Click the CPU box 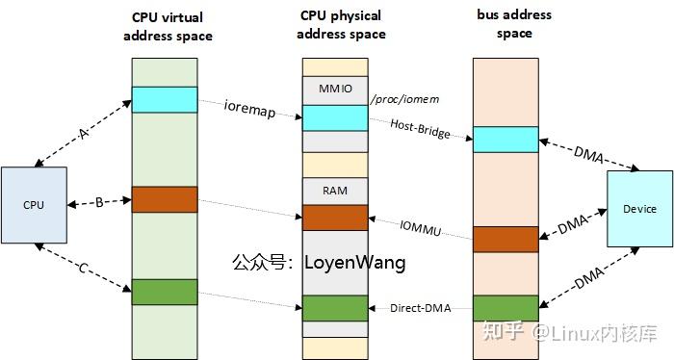pyautogui.click(x=34, y=204)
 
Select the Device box pyautogui.click(x=639, y=209)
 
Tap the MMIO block pyautogui.click(x=335, y=90)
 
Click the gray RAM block pyautogui.click(x=335, y=191)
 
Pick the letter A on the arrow pyautogui.click(x=83, y=135)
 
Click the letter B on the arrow pyautogui.click(x=98, y=202)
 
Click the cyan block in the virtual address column pyautogui.click(x=164, y=99)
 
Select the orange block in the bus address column pyautogui.click(x=505, y=239)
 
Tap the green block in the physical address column pyautogui.click(x=335, y=308)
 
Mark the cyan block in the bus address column pyautogui.click(x=505, y=139)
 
